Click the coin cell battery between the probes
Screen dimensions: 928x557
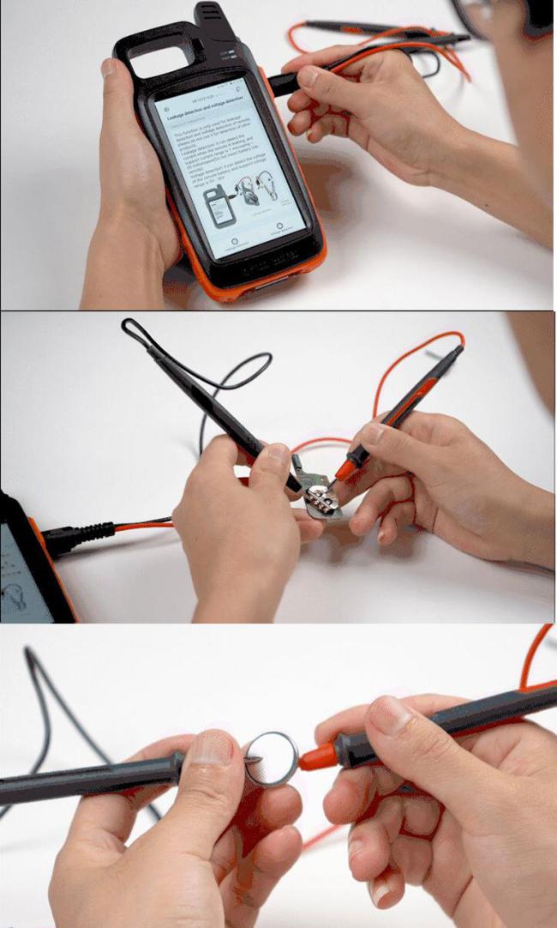pos(272,758)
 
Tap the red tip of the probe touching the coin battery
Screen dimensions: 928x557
pos(316,756)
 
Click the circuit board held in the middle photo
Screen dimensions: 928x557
pos(316,498)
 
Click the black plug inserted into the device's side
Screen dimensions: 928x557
pos(284,82)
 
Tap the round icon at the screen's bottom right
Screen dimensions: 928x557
pos(279,227)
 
